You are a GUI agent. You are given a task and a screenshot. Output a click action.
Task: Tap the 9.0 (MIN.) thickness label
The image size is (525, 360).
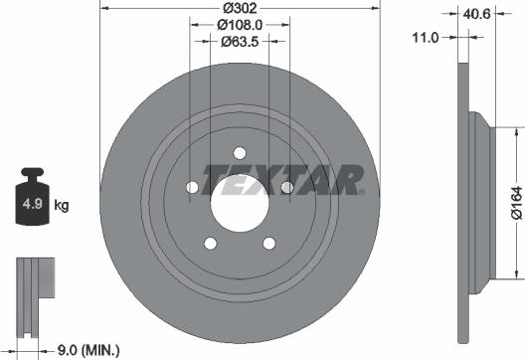click(87, 349)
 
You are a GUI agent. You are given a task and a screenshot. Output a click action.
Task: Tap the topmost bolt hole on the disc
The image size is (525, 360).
click(239, 151)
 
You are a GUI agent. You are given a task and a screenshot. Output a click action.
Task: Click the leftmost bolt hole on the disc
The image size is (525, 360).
click(192, 186)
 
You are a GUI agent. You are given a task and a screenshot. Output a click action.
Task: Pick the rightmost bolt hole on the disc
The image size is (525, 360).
click(286, 186)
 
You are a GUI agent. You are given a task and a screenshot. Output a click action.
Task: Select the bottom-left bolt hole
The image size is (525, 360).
click(210, 242)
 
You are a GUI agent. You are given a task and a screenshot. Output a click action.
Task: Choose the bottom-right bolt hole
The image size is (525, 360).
click(268, 242)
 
